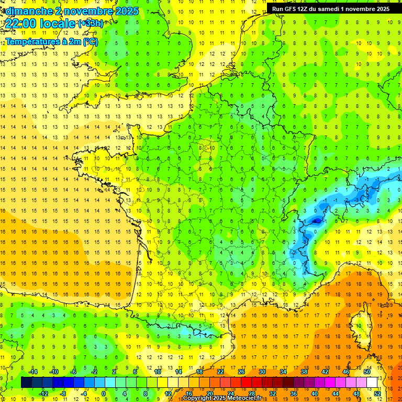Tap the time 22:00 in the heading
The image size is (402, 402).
pos(21,23)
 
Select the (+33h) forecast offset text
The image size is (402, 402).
pos(91,23)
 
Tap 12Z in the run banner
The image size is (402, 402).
pos(305,9)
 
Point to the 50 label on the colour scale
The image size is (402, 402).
pos(367,371)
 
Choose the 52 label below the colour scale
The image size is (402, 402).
pos(377,394)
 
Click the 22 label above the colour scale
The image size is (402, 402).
pos(220,371)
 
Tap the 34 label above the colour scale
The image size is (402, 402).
pos(283,371)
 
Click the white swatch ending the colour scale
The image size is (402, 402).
pos(372,383)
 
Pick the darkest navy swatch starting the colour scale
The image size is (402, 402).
pos(26,383)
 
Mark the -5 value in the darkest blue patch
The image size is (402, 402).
pos(316,221)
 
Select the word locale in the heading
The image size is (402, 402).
pos(59,23)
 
